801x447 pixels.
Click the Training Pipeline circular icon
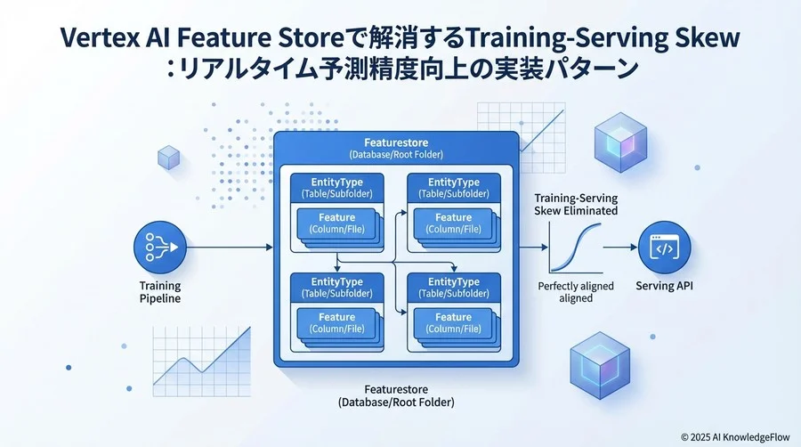coord(159,248)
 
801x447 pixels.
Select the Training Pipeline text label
coord(159,292)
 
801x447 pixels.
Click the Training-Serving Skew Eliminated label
coord(575,204)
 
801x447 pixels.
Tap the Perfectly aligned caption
coord(576,287)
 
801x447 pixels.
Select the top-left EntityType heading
coord(336,182)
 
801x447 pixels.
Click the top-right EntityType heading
coord(453,182)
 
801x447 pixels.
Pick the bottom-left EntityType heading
coord(336,282)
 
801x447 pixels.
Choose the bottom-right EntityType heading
coord(453,282)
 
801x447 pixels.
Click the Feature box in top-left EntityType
coord(336,223)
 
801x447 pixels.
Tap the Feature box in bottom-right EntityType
coord(453,323)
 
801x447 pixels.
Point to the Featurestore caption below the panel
coord(397,395)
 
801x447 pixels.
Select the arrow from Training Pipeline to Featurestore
coord(227,248)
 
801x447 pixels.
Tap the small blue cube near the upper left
coord(169,158)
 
